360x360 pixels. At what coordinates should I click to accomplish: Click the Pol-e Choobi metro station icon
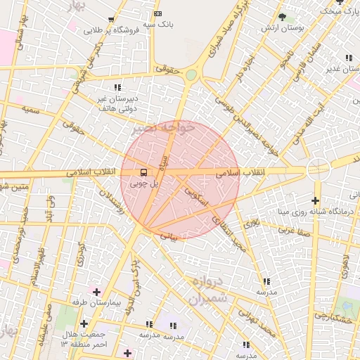tap(143, 172)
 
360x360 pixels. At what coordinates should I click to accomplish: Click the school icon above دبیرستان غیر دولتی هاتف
tap(117, 87)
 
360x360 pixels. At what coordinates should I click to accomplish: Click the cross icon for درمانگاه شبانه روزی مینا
tap(316, 201)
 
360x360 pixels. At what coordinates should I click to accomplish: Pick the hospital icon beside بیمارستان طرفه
tap(96, 291)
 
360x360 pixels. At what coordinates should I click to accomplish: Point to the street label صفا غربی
tap(292, 230)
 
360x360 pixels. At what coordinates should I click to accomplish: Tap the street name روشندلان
tap(132, 202)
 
